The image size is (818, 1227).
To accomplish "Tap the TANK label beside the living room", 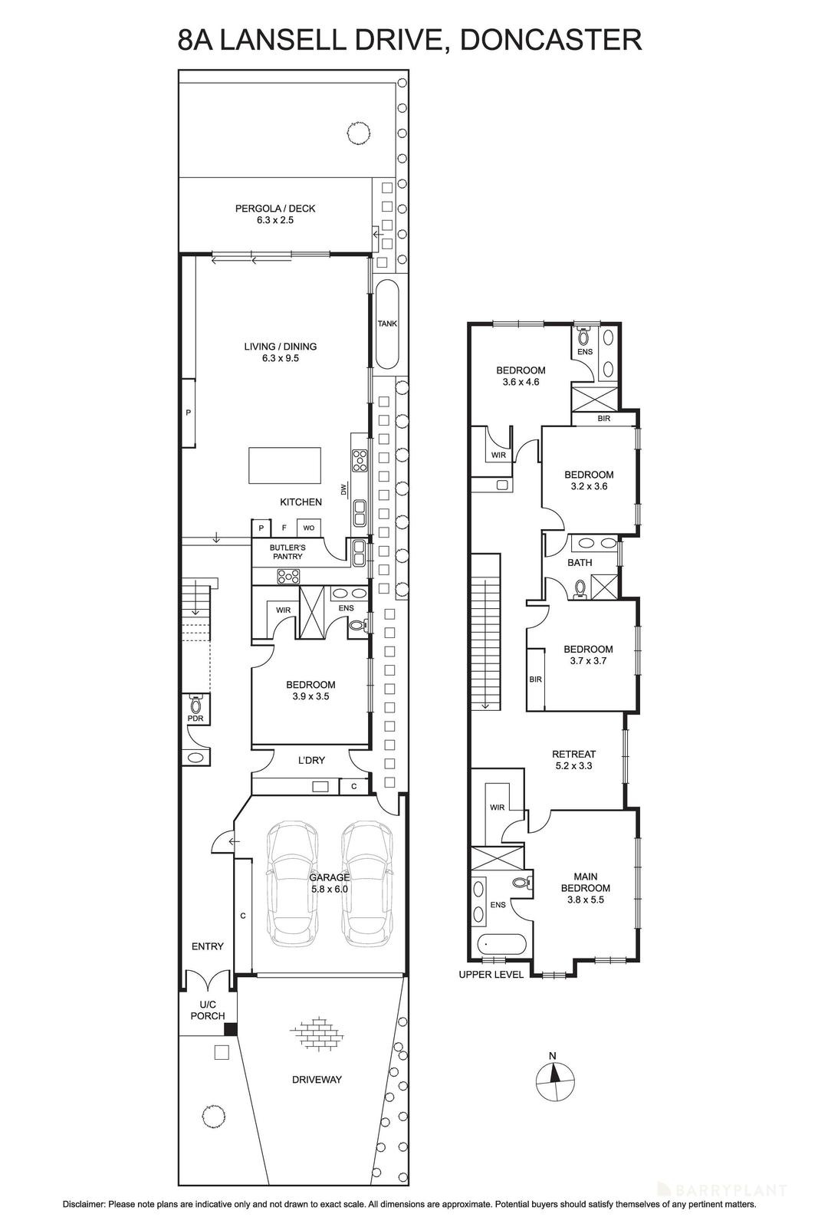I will (x=387, y=324).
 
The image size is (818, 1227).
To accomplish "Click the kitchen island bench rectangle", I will (x=284, y=466).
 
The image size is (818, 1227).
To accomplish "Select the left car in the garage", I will (x=292, y=883).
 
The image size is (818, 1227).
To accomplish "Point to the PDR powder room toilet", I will (x=195, y=704).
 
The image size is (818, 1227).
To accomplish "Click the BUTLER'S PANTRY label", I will (x=287, y=551).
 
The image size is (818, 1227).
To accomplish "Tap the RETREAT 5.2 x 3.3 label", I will (x=573, y=760).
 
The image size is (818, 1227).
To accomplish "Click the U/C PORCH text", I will (x=208, y=1010).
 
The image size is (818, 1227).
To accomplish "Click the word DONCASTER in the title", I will (x=550, y=39).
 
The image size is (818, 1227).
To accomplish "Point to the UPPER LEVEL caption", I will (x=491, y=975).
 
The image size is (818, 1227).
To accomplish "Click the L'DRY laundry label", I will (x=311, y=761).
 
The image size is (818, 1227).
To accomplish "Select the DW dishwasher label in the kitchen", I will (x=344, y=488).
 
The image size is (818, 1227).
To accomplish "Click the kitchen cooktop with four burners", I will (x=360, y=460).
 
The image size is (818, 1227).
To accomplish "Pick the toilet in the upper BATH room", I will (x=580, y=588).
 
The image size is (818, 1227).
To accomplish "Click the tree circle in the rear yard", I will (x=356, y=132).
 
